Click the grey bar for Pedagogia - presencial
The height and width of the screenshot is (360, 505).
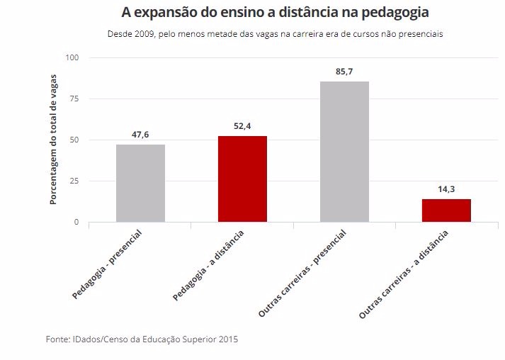(x=140, y=184)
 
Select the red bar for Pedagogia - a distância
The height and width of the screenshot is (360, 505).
(x=242, y=179)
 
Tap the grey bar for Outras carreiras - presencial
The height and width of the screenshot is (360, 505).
(x=344, y=152)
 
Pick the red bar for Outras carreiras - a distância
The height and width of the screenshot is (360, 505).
(x=446, y=210)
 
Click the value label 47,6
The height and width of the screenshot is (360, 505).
(x=140, y=135)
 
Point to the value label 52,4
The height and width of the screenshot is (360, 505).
(x=242, y=127)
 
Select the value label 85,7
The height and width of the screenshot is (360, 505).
(x=344, y=72)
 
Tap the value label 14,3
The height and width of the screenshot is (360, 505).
(x=446, y=190)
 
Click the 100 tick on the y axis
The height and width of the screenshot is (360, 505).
(x=72, y=57)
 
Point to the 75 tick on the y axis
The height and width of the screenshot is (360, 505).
(x=74, y=99)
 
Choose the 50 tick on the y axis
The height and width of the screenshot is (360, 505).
(x=74, y=140)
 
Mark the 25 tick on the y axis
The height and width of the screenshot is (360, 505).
(x=74, y=181)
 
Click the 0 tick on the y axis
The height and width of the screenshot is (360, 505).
(x=76, y=222)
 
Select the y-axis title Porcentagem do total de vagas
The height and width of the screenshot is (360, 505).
(x=53, y=140)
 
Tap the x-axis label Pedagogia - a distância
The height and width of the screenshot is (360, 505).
(x=209, y=264)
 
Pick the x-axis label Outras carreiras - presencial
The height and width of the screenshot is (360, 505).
(x=302, y=272)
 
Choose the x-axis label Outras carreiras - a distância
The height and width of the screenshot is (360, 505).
(x=404, y=274)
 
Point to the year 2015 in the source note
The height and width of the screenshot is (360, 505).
(x=228, y=339)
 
